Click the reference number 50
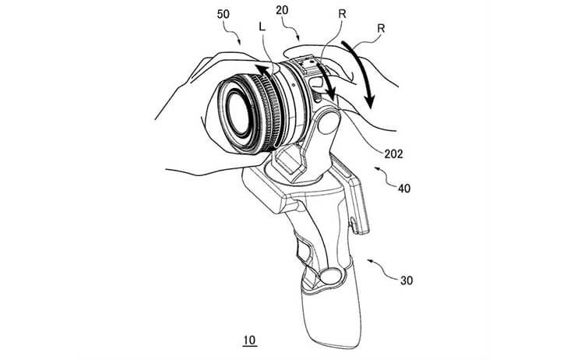[x=224, y=15]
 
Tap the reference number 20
[x=282, y=10]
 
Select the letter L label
[x=262, y=26]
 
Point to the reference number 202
[x=393, y=154]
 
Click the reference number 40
[x=404, y=188]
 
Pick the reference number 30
[x=407, y=281]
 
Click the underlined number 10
[x=249, y=341]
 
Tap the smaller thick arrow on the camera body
[x=327, y=81]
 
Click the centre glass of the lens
[x=238, y=113]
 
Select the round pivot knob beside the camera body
[x=329, y=122]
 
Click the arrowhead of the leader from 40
[x=377, y=168]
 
